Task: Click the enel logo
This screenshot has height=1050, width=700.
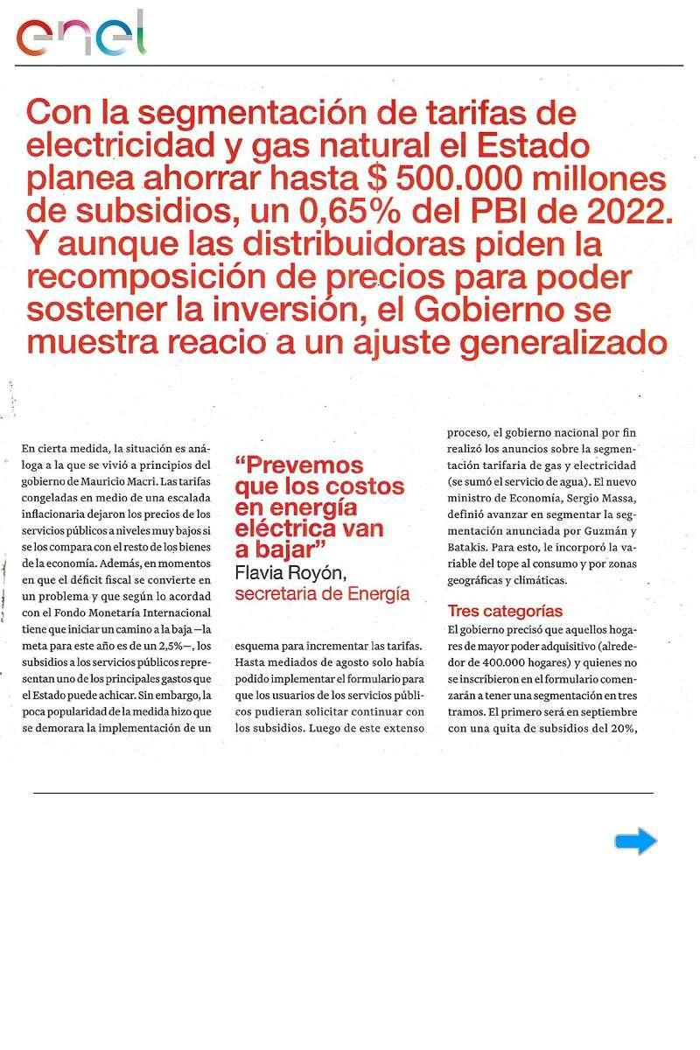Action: coord(80,35)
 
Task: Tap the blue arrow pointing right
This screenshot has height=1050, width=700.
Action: coord(635,842)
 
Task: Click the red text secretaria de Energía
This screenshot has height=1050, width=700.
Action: coord(323,594)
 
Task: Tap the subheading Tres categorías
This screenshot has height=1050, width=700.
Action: coord(505,611)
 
